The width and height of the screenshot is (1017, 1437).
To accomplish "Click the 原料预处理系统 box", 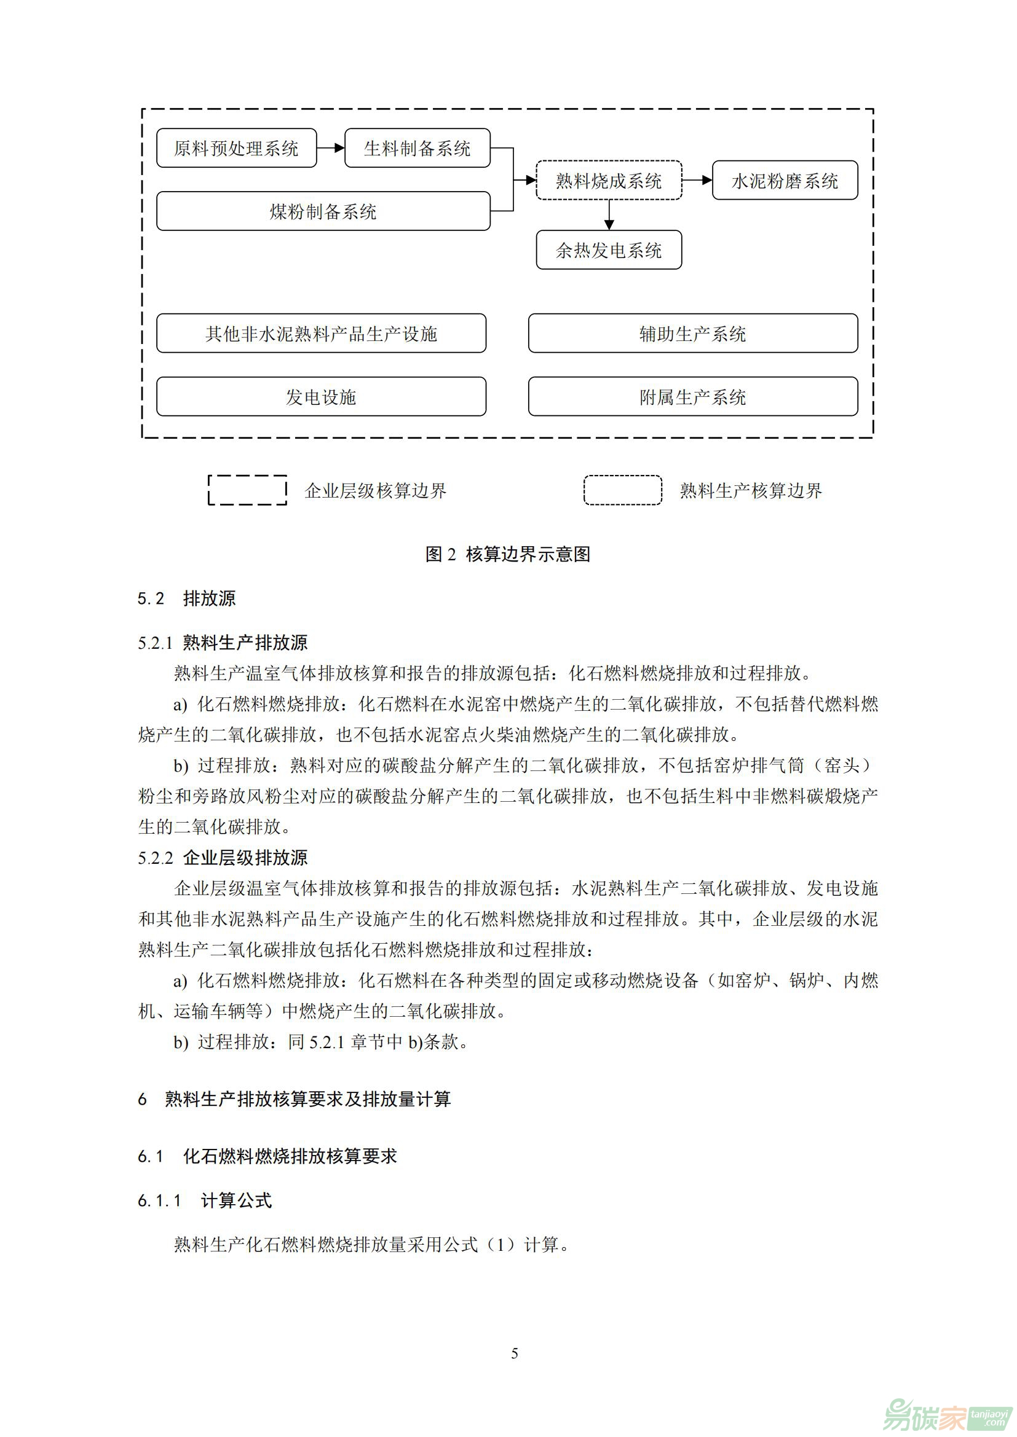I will click(236, 148).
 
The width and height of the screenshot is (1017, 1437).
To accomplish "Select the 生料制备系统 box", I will click(417, 148).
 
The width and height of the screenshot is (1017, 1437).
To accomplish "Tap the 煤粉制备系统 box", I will click(323, 211).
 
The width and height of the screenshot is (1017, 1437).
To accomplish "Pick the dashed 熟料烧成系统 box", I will click(608, 181).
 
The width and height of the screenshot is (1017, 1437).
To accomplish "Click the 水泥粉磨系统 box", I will click(785, 181).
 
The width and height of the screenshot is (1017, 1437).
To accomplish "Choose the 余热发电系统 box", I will click(608, 250).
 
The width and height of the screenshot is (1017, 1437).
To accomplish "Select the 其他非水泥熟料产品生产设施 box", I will click(320, 334).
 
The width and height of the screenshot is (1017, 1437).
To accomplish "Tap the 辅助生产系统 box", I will click(692, 334).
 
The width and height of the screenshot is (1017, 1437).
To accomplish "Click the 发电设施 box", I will click(320, 397).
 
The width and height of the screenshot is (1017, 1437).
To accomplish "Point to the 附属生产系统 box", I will click(692, 397).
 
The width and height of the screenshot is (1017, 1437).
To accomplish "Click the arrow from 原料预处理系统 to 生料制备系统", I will click(331, 148).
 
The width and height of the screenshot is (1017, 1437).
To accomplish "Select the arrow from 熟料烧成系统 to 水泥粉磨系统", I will click(697, 181).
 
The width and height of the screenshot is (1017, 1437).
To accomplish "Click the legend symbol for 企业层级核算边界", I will click(247, 490).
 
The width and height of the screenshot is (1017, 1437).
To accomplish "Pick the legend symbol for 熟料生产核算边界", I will click(622, 490).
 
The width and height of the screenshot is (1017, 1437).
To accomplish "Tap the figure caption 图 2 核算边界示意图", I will click(508, 554).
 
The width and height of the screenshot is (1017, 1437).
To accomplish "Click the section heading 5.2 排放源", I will click(187, 598).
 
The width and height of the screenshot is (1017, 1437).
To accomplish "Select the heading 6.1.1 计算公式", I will click(204, 1200).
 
